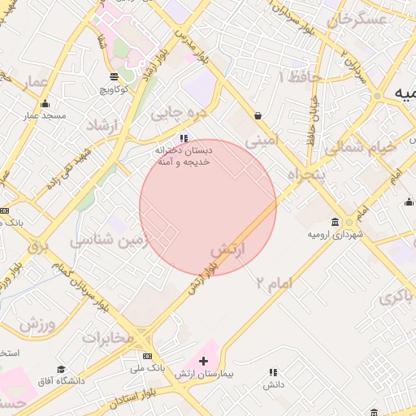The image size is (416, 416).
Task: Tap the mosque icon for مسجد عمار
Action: (44, 103)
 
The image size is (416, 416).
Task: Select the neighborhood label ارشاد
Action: (102, 126)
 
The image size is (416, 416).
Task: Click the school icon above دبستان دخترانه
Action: (184, 138)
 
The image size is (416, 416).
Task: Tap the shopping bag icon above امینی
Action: (258, 115)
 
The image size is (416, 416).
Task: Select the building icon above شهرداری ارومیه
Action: (335, 222)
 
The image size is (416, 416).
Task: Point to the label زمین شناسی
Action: (110, 241)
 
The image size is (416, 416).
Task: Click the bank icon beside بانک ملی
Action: (147, 356)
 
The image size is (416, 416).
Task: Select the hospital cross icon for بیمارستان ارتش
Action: (203, 360)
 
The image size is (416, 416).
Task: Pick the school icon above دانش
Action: (273, 372)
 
